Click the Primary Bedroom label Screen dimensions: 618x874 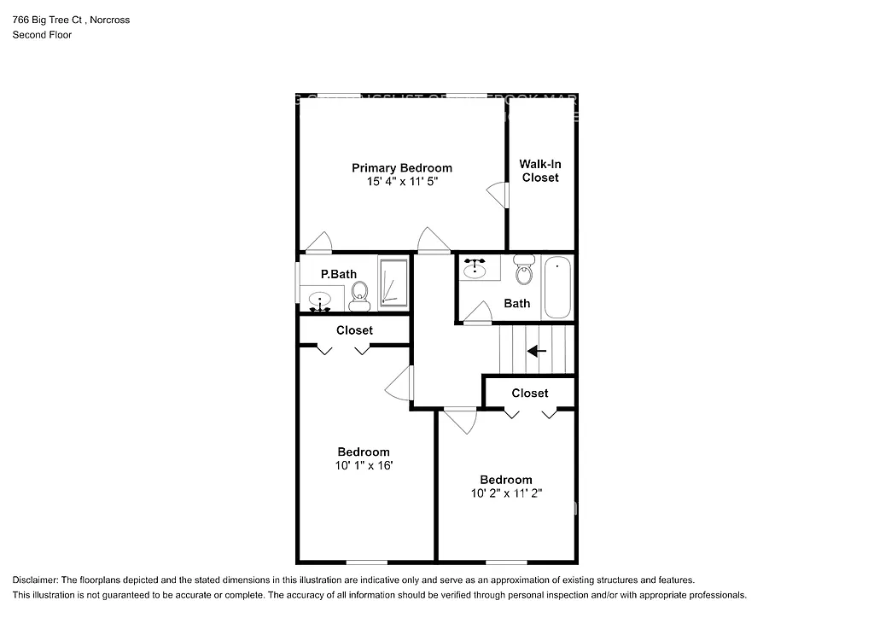(402, 168)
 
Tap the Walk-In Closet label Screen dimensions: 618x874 (540, 171)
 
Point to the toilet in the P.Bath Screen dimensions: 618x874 (358, 295)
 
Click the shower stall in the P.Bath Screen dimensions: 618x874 (393, 281)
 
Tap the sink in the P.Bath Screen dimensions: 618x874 (320, 300)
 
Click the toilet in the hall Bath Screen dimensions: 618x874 (524, 272)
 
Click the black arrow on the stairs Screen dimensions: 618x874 (537, 350)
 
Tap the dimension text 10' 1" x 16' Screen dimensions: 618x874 (364, 466)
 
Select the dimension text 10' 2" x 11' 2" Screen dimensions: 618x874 (506, 493)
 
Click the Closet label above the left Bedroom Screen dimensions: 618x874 (354, 330)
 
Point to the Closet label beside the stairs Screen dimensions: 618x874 (530, 393)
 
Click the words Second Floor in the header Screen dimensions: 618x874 (42, 35)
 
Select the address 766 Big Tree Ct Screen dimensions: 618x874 (49, 20)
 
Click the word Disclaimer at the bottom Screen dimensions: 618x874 (32, 580)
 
